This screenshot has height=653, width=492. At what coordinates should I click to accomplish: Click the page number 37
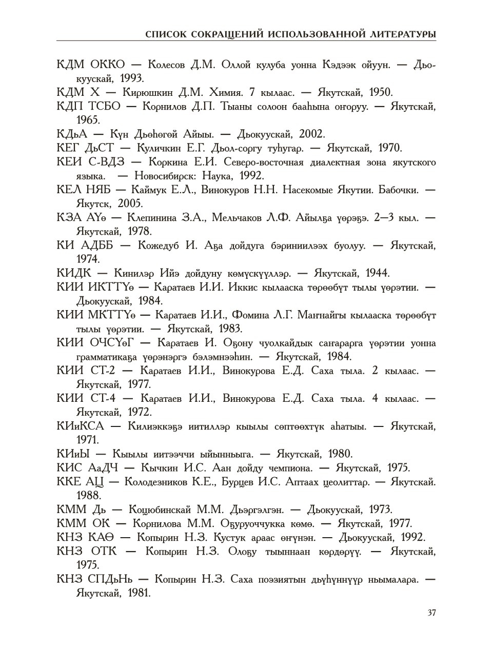coord(431,613)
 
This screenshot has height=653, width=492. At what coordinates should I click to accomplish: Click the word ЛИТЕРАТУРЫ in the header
coord(403,34)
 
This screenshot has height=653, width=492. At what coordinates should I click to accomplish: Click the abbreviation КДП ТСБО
coord(89,107)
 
